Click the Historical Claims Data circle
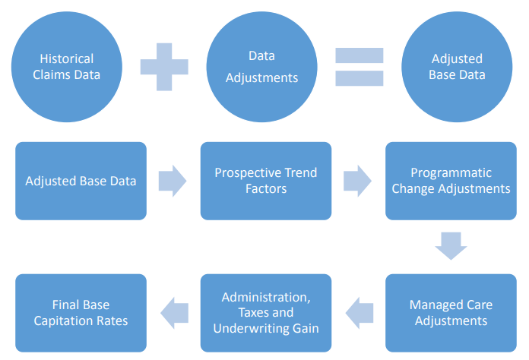(67, 67)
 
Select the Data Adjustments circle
(261, 67)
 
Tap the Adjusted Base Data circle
(457, 67)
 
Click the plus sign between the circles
(164, 67)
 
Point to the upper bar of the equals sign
(360, 55)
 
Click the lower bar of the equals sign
(360, 78)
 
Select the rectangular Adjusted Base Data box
(81, 181)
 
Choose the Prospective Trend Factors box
(266, 181)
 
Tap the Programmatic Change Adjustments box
(451, 181)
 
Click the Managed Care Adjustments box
(451, 313)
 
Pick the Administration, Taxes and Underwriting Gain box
(266, 313)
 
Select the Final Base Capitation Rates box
(81, 313)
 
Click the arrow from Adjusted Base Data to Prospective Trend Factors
(173, 181)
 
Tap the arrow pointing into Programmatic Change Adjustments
(358, 181)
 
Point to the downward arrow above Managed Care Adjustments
(451, 246)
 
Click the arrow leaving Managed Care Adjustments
(360, 313)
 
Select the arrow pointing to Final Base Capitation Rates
(174, 313)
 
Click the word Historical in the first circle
(67, 59)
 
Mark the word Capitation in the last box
(63, 321)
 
